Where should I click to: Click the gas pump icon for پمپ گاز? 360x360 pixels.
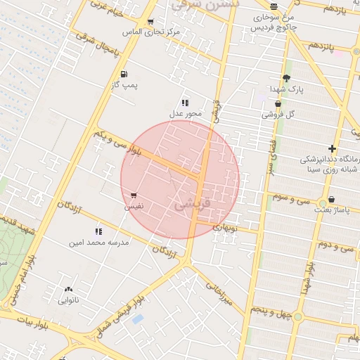pos(124,74)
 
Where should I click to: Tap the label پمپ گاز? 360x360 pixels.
pos(124,85)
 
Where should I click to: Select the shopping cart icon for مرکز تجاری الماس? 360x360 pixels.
pos(151,22)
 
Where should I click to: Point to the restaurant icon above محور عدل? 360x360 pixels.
pos(185,102)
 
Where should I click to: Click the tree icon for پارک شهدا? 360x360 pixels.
pos(286,78)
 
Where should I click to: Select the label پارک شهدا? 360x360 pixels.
pos(286,89)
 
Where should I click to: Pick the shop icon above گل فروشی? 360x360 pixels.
pos(278,103)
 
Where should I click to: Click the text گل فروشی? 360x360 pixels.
pos(278,114)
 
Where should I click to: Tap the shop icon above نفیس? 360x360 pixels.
pos(134,195)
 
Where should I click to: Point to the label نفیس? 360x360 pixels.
pos(134,207)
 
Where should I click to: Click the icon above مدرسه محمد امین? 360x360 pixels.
pos(98,231)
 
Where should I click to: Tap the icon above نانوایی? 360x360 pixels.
pos(68,289)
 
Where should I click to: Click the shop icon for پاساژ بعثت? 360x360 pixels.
pos(331,199)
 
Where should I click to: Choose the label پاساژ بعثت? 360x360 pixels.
pos(330,210)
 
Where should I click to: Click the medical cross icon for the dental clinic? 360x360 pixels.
pos(332,149)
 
